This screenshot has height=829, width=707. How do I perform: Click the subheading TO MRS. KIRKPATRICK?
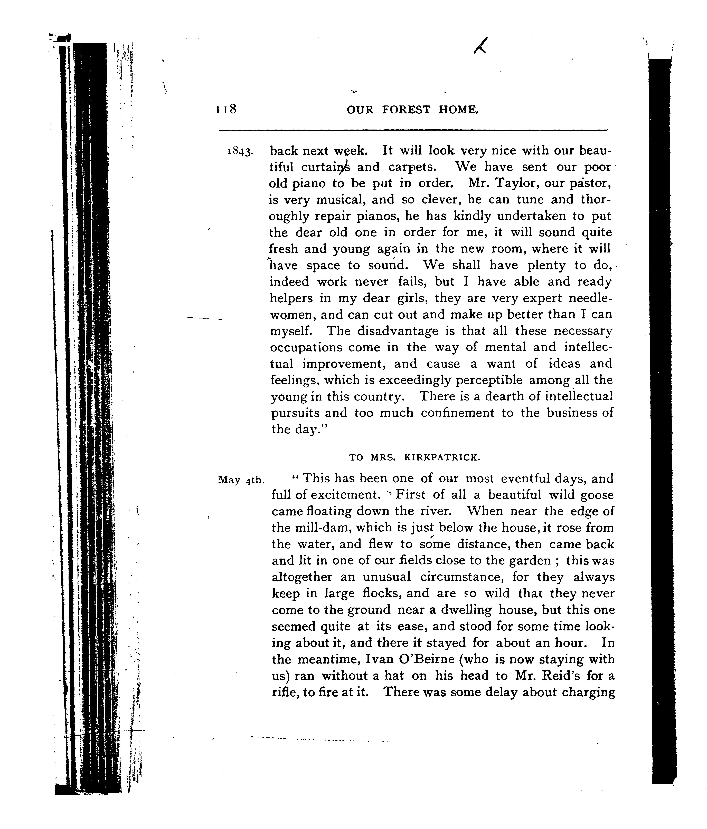pyautogui.click(x=414, y=457)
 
